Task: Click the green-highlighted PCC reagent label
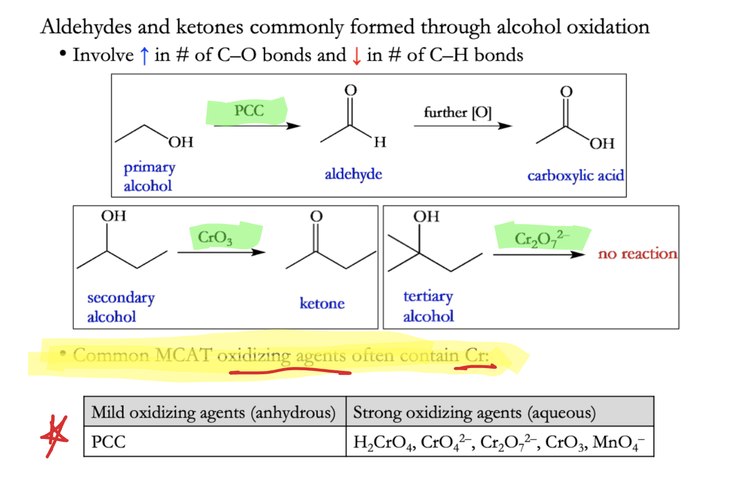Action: [249, 110]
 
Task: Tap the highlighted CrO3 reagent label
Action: [215, 238]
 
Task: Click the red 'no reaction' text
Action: [637, 254]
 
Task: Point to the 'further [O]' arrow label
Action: [457, 113]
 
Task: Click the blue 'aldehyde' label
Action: [353, 174]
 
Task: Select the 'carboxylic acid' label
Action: [575, 176]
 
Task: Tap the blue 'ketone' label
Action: [322, 303]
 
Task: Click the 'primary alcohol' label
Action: [149, 177]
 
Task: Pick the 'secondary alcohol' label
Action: [121, 307]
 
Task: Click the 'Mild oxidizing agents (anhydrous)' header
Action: [214, 413]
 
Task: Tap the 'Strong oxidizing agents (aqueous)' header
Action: [474, 413]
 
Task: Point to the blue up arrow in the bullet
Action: [144, 56]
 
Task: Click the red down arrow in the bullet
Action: [356, 56]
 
